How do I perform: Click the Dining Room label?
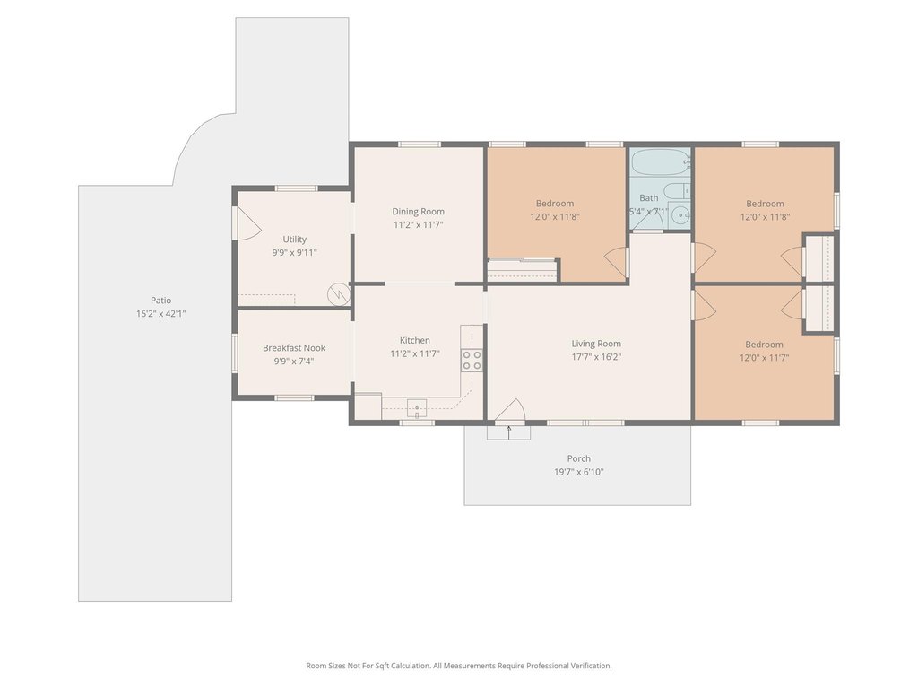418,212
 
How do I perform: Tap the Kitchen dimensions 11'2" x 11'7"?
414,353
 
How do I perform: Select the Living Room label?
596,344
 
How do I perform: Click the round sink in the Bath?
680,215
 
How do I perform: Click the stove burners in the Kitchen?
472,360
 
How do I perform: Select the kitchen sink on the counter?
417,408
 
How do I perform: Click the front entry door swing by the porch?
510,410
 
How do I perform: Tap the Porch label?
578,458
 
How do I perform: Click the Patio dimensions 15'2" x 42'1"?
161,313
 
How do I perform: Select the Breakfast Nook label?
294,348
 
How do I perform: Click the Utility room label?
294,239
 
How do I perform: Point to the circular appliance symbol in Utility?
338,294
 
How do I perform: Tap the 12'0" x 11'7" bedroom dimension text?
764,357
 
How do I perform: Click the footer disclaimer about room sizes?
458,666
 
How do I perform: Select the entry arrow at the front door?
509,432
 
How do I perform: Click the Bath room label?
649,198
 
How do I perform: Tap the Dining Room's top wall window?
420,144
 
